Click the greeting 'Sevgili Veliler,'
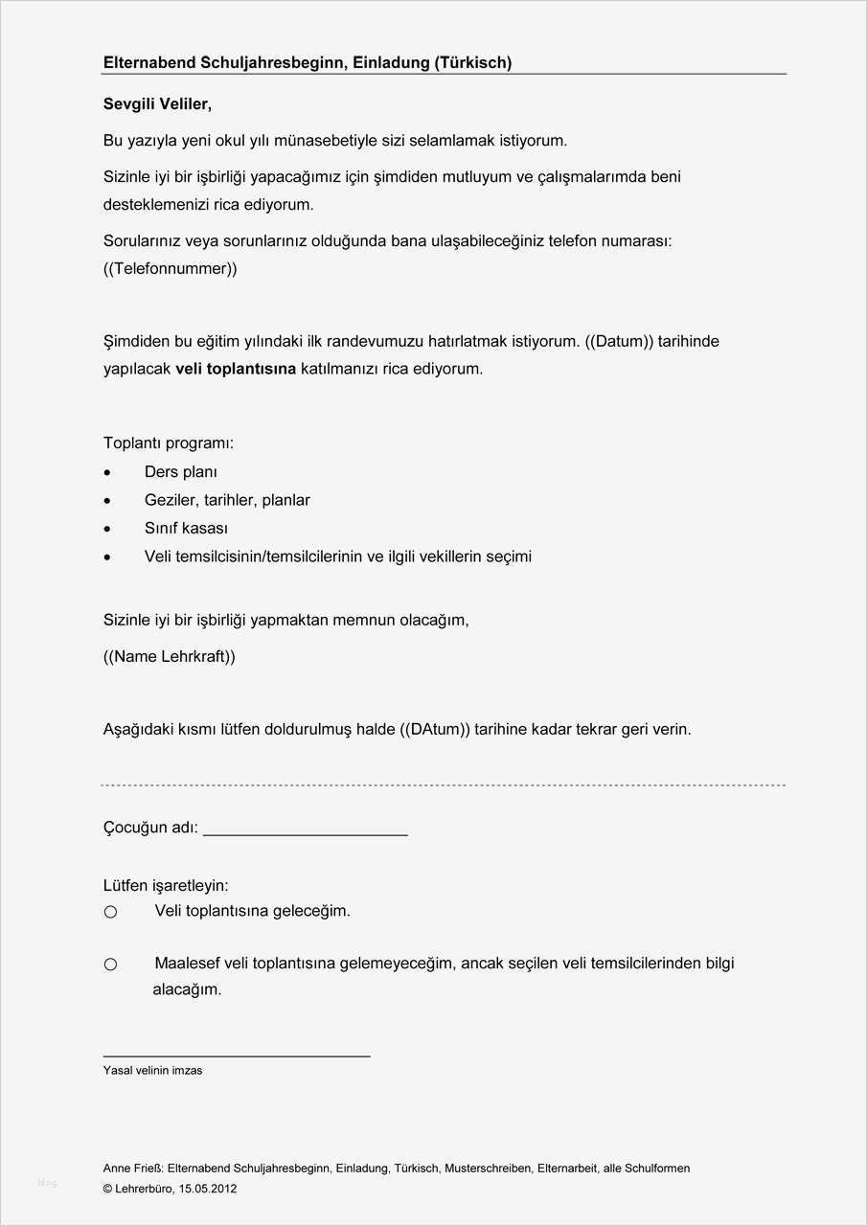156,103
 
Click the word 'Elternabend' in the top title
149,62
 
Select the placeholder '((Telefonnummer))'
170,268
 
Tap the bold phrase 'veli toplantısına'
236,368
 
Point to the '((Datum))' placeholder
619,341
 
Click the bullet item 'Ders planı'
180,471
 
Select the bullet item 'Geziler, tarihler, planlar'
227,500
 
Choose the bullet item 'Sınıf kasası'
186,528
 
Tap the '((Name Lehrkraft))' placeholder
169,656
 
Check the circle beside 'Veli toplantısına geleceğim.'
110,912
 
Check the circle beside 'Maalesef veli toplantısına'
110,965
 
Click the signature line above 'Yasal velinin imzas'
237,1056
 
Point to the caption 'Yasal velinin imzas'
152,1071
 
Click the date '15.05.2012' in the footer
208,1189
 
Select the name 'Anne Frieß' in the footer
133,1169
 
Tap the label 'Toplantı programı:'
168,443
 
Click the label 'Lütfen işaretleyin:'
166,886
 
